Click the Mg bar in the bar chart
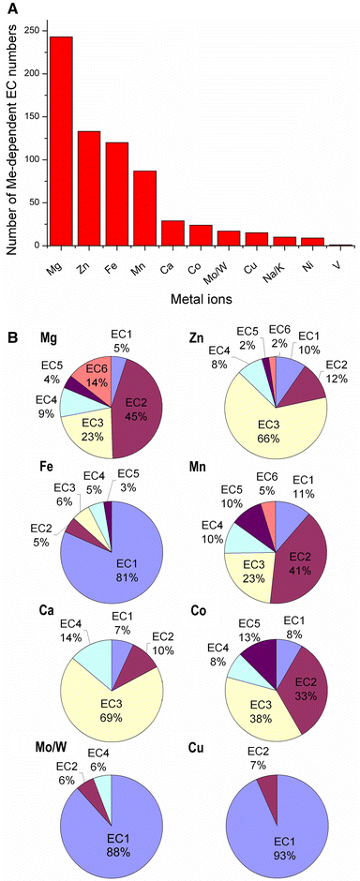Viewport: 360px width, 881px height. (x=61, y=141)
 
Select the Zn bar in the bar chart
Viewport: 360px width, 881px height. (x=89, y=188)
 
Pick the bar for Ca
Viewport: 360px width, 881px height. (x=172, y=233)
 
